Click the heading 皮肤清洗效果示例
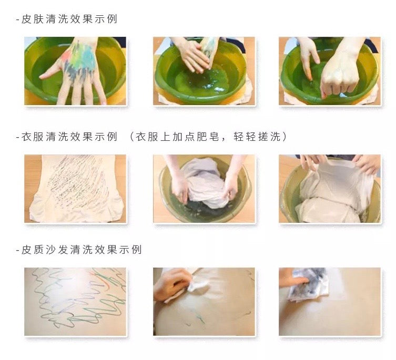click(69, 19)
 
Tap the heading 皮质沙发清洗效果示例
click(82, 250)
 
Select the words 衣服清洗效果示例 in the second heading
click(69, 137)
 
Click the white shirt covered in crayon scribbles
click(76, 188)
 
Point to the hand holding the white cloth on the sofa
click(172, 284)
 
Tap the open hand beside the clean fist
click(308, 58)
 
